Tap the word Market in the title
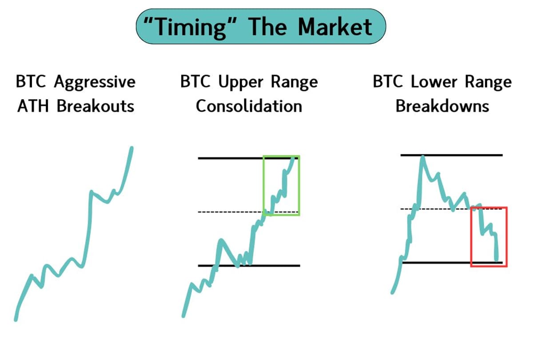tap(335, 27)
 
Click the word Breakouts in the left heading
tap(95, 107)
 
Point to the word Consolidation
tap(249, 106)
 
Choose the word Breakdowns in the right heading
tap(442, 106)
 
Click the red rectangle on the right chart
tap(506, 236)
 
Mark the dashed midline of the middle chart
tap(231, 212)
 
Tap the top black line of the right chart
tap(466, 155)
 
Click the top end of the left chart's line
tap(131, 148)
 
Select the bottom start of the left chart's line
tap(16, 318)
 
